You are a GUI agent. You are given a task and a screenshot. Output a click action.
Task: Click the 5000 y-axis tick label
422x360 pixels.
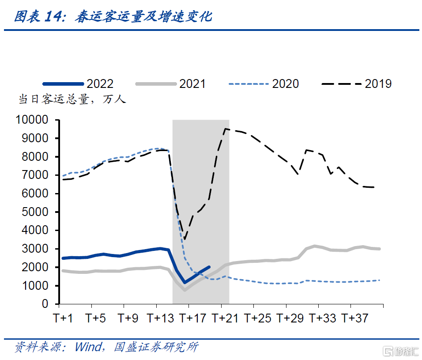(x=36, y=212)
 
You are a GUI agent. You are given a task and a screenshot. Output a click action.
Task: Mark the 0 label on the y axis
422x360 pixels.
(x=45, y=304)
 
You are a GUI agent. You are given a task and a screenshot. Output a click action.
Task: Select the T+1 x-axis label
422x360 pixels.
(x=63, y=318)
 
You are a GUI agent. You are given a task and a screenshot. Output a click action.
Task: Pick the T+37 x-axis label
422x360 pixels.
(x=355, y=318)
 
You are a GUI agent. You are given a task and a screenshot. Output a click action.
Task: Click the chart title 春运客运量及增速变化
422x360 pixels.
(x=143, y=17)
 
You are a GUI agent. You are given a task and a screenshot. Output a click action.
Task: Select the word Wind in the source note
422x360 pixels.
(x=87, y=347)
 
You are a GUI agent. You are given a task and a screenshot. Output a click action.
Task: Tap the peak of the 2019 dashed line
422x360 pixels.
(x=226, y=129)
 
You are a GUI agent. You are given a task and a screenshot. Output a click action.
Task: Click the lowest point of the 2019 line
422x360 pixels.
(x=185, y=240)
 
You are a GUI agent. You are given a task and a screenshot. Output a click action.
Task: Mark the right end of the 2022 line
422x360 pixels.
(x=209, y=267)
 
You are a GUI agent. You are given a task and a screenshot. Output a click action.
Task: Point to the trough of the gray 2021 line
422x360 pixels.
(x=185, y=290)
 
